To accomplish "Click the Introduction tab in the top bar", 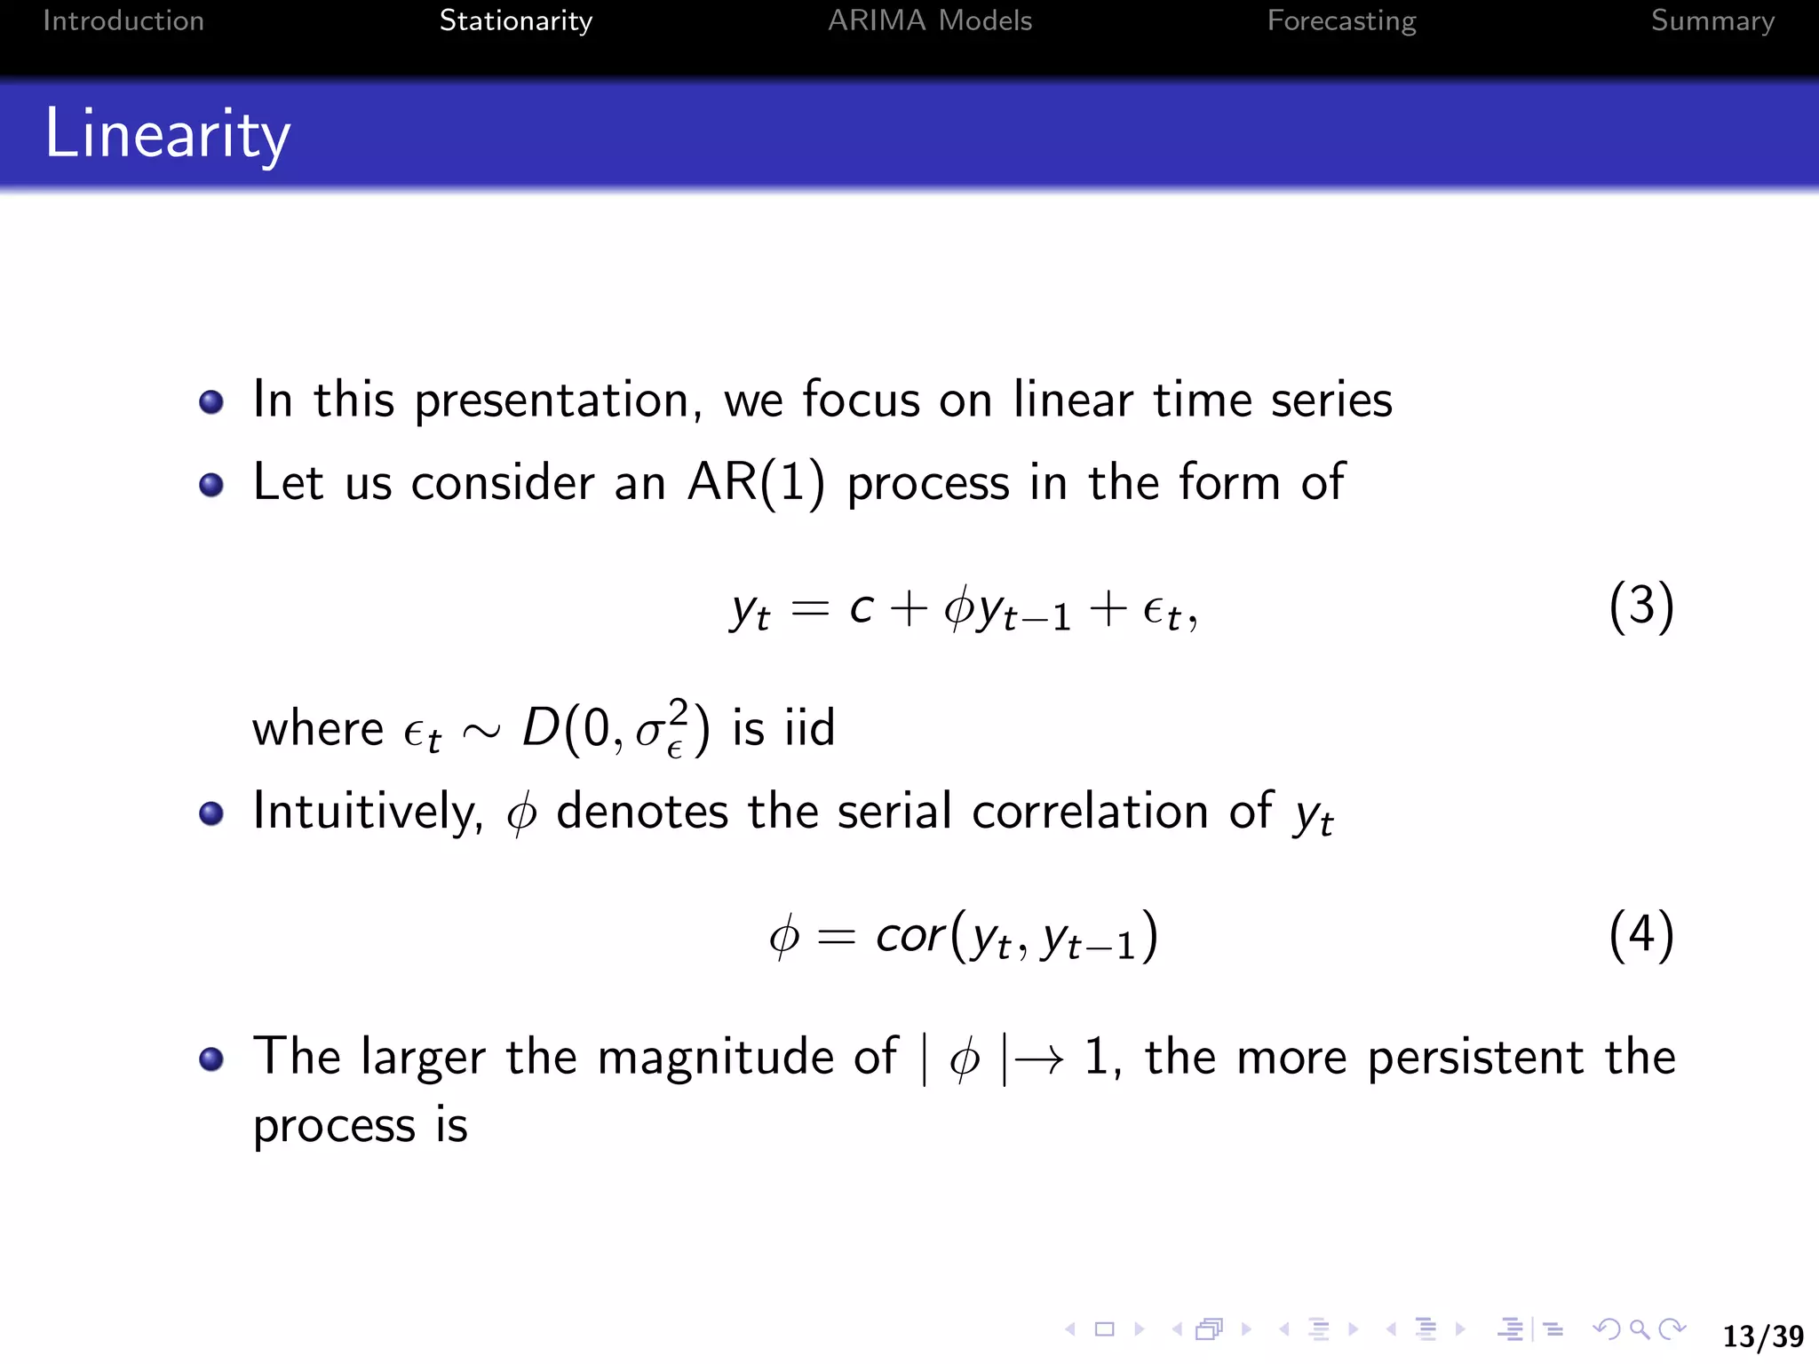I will (123, 20).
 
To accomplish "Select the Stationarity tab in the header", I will (515, 20).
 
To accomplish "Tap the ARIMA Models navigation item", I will (929, 20).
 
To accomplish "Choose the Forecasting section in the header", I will (1341, 20).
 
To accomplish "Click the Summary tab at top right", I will (1712, 20).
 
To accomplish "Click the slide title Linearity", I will (167, 134).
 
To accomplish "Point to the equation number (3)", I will (1640, 607).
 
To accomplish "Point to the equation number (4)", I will (1640, 935).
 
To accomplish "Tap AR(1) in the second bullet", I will (755, 484).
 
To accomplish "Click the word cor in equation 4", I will (909, 936).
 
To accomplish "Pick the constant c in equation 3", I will (861, 608).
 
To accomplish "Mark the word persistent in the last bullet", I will (1475, 1059).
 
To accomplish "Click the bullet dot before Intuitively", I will (211, 813).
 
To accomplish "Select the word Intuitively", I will (367, 812).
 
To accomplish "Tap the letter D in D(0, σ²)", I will (541, 728).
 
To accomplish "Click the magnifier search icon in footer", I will (1640, 1329).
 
